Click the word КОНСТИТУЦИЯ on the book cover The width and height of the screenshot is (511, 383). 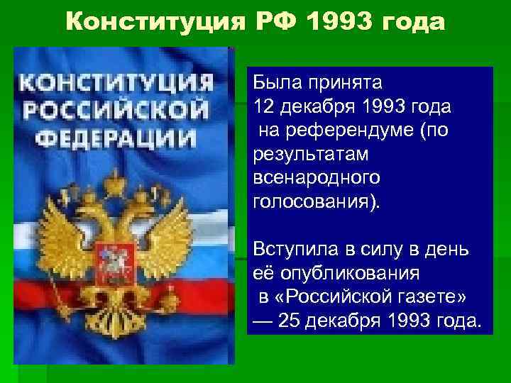click(x=116, y=83)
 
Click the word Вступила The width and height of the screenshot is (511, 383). click(x=287, y=250)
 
